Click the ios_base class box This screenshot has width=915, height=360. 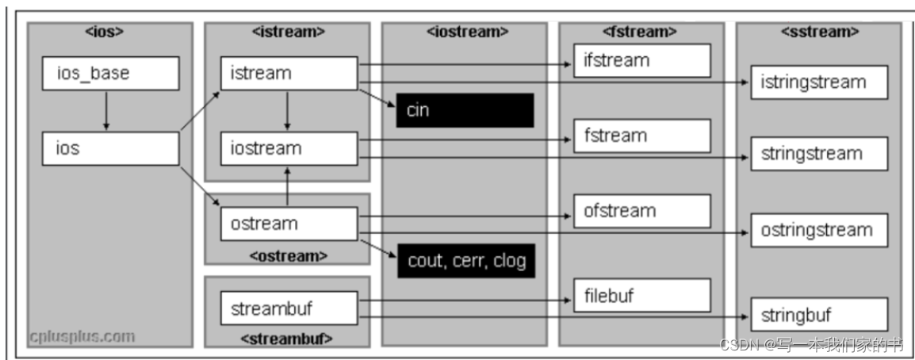110,74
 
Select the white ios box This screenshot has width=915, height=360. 110,148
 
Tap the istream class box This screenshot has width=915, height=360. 289,74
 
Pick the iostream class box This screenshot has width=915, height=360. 289,148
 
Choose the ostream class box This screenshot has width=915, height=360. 289,224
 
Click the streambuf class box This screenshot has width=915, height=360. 289,308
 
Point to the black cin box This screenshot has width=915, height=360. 465,110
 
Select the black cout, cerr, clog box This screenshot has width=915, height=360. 466,261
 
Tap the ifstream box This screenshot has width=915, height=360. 642,60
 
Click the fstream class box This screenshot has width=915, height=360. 642,136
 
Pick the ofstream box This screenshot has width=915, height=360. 642,211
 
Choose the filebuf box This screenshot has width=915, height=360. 642,296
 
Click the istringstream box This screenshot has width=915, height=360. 819,82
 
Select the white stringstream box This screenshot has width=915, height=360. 819,153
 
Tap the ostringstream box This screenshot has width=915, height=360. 819,231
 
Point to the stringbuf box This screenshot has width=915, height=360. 819,315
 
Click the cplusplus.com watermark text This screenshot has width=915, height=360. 82,336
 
